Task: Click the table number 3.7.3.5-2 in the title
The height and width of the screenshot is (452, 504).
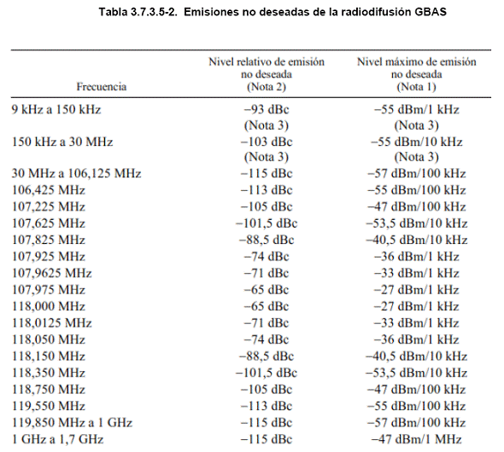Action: pos(154,12)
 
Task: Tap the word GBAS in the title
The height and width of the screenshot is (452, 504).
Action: pos(431,12)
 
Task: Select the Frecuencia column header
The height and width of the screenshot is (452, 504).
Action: pos(102,87)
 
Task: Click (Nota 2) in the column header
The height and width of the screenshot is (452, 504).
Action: pos(267,87)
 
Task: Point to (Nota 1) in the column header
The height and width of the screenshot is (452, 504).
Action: pos(416,87)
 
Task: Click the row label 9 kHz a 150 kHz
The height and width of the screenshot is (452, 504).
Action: pos(56,109)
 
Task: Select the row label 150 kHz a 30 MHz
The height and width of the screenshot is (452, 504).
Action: pos(62,142)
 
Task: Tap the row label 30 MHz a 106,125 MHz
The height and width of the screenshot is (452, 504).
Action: pos(77,173)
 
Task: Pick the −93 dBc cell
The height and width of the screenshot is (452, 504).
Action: pos(267,109)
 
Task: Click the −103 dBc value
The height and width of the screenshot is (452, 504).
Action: pos(267,142)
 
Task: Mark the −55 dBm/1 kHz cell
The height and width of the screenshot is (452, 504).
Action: pos(417,109)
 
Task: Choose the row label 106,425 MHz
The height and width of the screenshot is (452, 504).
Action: pos(49,190)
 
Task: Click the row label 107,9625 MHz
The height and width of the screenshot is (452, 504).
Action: pos(52,273)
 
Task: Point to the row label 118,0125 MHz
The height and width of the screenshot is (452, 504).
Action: pos(52,322)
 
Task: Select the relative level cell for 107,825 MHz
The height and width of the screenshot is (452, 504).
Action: pos(267,240)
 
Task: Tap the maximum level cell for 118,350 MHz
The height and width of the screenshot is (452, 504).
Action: pos(417,373)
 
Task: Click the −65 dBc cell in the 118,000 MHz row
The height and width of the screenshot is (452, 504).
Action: pos(267,306)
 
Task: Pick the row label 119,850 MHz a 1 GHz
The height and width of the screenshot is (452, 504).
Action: pos(72,422)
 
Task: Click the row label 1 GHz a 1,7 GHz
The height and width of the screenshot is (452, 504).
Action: pos(57,439)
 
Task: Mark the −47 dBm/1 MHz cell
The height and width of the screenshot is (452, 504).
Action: pos(417,439)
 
